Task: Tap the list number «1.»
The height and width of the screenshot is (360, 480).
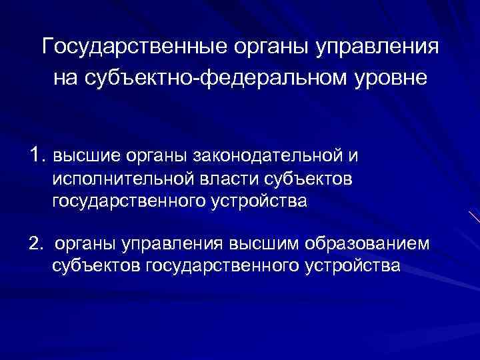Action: coord(37,155)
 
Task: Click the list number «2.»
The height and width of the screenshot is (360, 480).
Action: coord(36,244)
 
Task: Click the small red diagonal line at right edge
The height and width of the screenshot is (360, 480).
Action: coord(474,216)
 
